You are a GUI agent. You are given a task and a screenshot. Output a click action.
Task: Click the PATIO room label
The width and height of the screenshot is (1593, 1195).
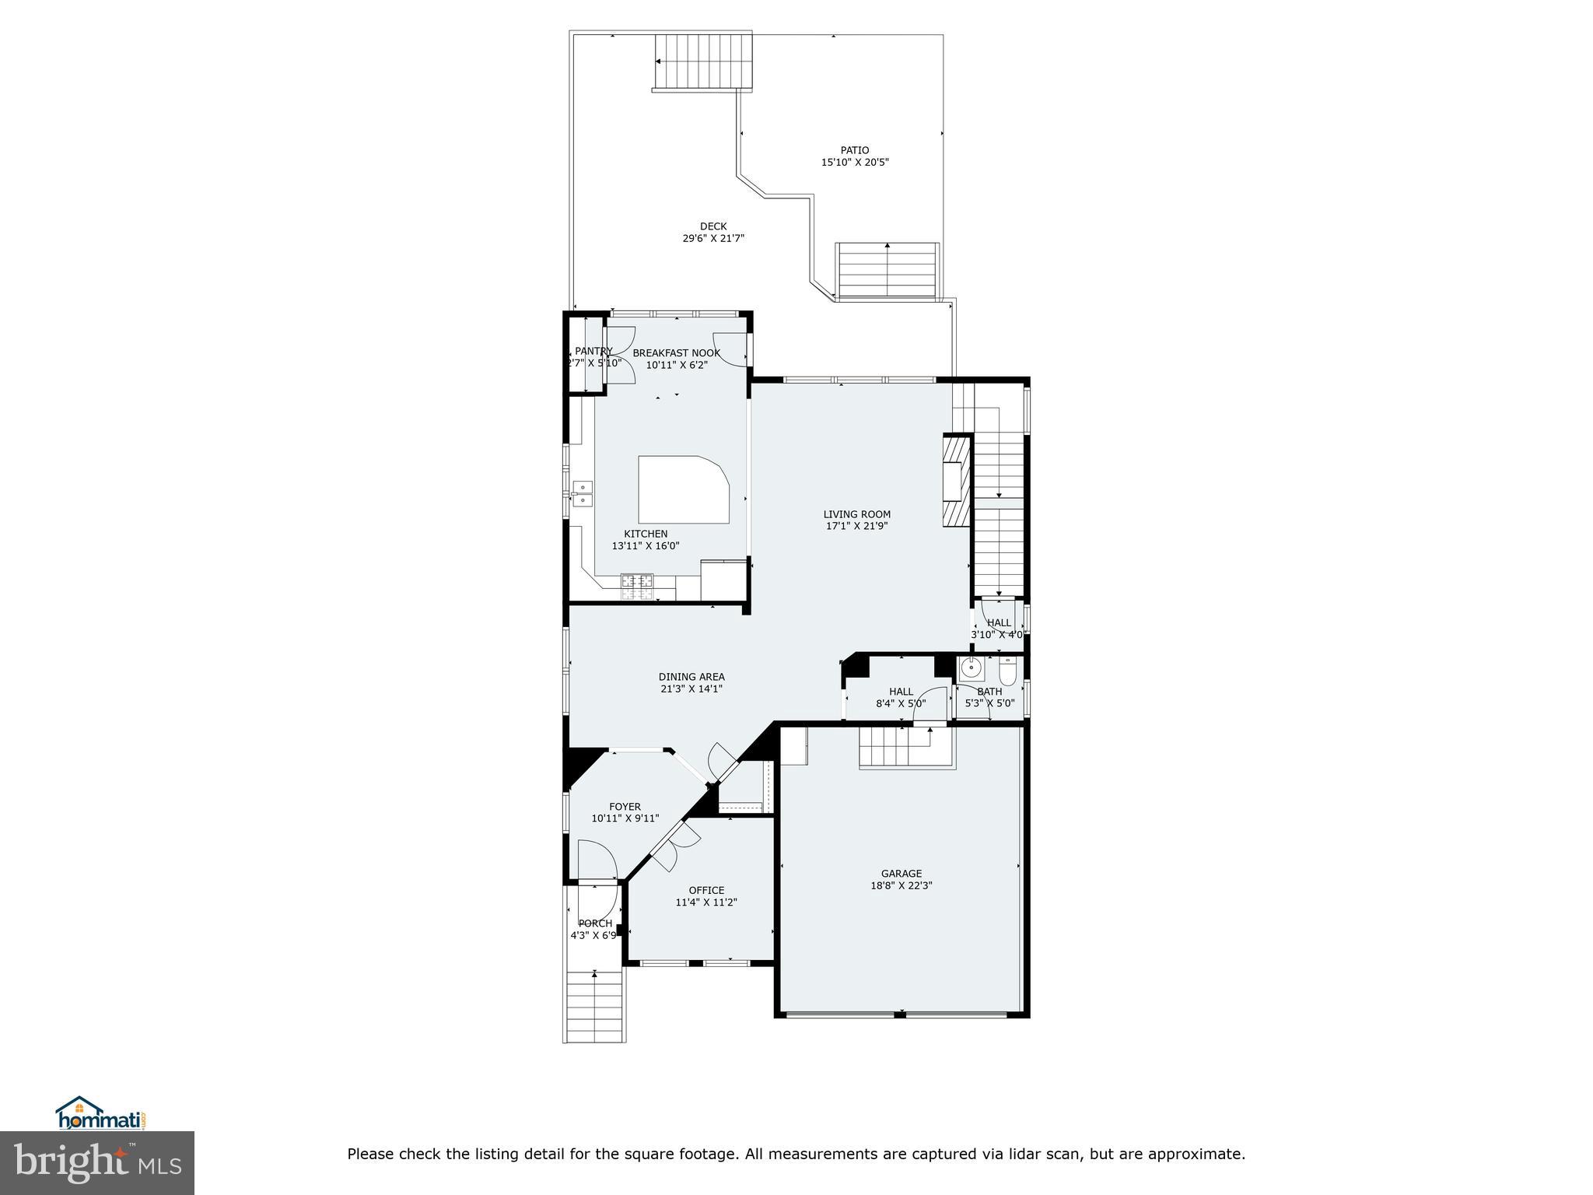854,150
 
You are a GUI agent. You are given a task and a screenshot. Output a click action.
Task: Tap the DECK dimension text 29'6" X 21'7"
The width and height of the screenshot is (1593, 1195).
713,239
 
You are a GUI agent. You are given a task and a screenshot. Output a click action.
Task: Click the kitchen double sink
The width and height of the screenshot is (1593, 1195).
582,494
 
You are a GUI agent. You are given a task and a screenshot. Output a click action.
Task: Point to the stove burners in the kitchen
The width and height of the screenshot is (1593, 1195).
637,587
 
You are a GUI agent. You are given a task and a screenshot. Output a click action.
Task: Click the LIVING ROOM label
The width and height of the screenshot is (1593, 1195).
856,514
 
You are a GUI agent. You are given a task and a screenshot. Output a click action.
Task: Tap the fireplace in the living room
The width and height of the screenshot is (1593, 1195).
956,482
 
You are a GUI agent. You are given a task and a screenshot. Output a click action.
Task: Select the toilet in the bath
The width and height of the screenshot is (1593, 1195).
1007,671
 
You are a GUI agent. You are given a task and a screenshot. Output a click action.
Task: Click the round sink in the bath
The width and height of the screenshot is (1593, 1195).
971,668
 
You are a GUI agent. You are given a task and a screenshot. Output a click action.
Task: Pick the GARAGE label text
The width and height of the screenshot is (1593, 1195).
901,874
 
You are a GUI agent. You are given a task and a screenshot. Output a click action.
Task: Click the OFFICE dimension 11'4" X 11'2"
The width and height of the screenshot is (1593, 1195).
705,902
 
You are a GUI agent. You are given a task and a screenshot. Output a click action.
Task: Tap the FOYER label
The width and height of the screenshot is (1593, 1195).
625,807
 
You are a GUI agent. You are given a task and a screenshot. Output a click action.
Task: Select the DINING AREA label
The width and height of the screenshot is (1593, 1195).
691,677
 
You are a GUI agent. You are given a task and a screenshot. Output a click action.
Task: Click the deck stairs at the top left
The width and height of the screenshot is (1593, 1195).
703,61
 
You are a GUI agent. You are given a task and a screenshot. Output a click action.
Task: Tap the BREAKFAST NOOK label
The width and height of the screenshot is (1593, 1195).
676,353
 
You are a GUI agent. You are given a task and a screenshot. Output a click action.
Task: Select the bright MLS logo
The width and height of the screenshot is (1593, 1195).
97,1162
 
